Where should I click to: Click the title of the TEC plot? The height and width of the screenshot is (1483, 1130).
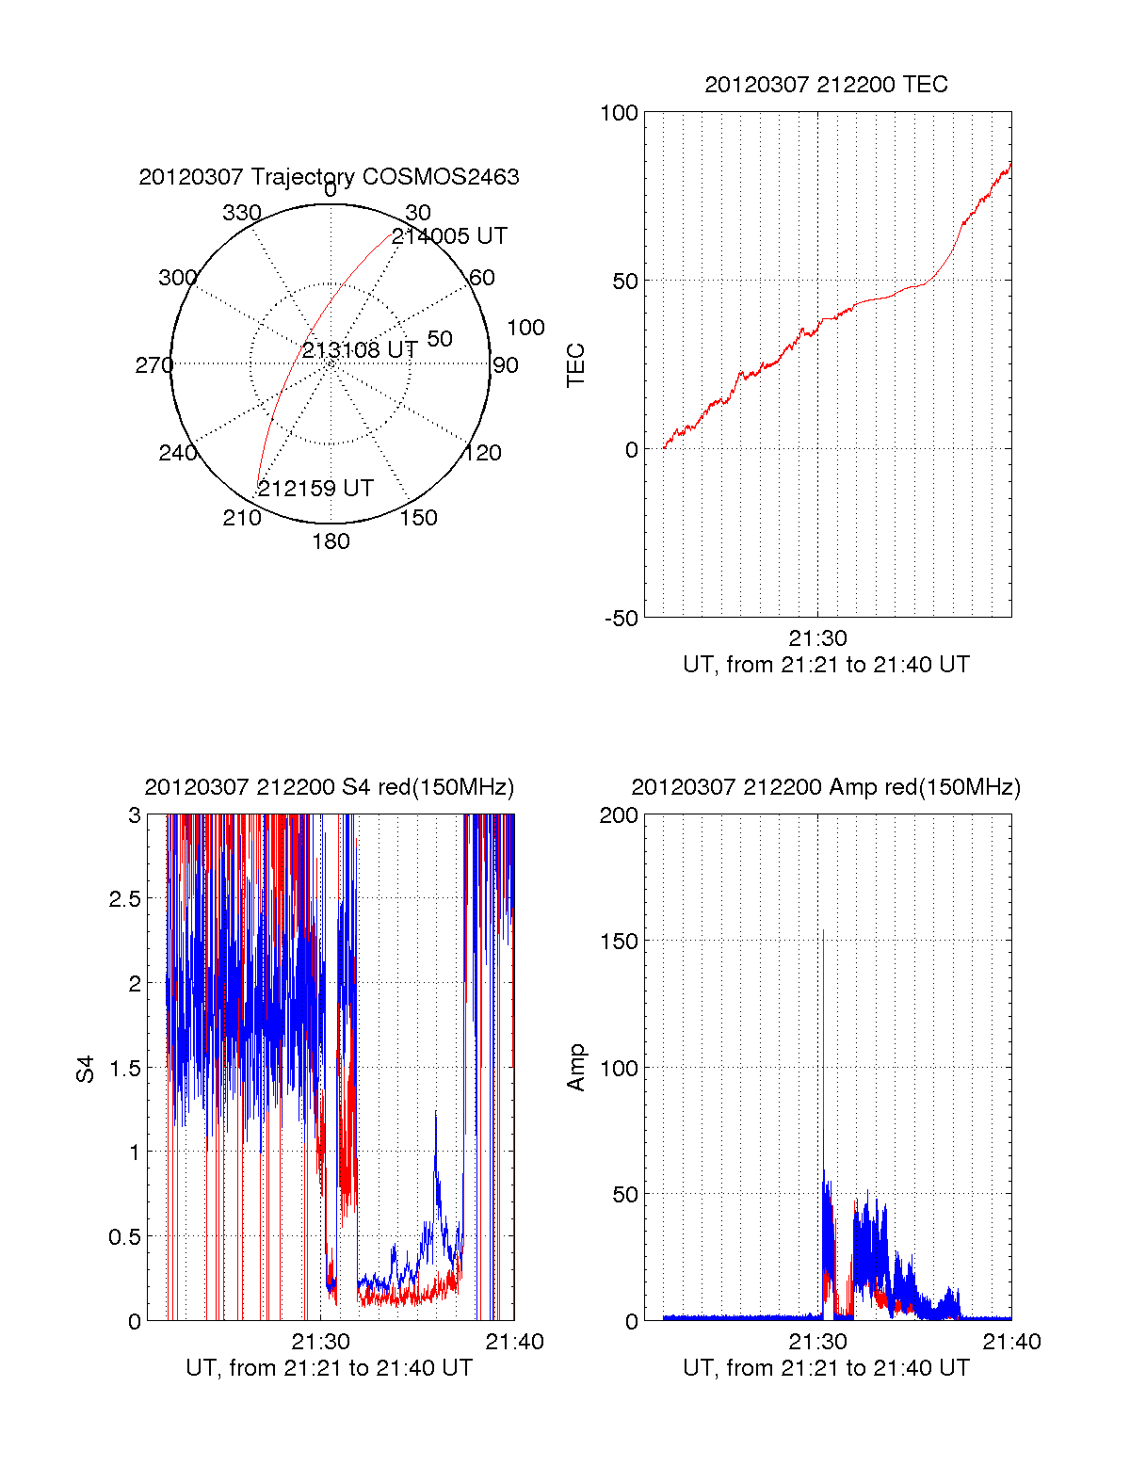click(x=826, y=85)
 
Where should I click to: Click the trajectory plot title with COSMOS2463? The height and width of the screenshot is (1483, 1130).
click(x=329, y=177)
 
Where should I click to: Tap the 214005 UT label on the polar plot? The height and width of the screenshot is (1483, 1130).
click(x=449, y=236)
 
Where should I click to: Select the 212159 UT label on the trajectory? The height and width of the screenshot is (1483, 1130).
click(x=315, y=489)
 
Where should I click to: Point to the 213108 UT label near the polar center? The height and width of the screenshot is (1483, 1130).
click(x=360, y=350)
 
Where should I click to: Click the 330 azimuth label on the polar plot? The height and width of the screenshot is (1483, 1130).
click(x=242, y=213)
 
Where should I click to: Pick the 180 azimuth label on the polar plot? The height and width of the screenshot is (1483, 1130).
click(x=331, y=541)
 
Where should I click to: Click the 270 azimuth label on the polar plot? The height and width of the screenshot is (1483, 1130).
click(x=153, y=365)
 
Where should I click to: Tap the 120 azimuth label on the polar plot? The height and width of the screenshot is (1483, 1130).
click(x=482, y=453)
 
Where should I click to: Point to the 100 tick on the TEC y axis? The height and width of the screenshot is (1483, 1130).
click(x=619, y=113)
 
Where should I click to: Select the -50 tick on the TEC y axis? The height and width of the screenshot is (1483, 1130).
click(x=621, y=619)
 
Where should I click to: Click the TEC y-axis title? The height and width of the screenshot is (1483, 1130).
click(x=575, y=365)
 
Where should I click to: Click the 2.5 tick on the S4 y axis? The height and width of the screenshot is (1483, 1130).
click(x=124, y=899)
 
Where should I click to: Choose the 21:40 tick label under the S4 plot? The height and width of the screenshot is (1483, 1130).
click(x=514, y=1342)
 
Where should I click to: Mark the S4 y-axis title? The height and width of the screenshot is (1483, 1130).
click(x=86, y=1069)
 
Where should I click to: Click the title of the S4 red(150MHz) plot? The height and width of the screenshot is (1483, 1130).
click(x=329, y=787)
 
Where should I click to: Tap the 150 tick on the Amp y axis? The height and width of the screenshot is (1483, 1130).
click(x=619, y=942)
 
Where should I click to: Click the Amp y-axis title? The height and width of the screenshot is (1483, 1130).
click(x=575, y=1068)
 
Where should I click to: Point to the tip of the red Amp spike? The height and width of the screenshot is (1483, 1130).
click(x=823, y=930)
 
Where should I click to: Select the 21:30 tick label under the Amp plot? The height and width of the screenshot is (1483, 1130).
click(x=817, y=1342)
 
